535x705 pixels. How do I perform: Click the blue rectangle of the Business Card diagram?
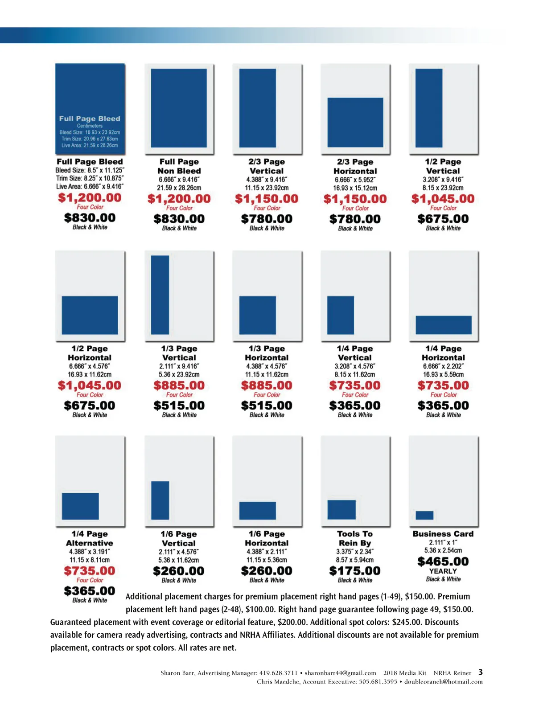tap(424, 515)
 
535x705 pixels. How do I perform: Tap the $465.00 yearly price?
tap(443, 562)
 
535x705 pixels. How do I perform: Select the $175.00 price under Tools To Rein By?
tap(355, 571)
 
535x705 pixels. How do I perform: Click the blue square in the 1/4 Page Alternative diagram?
tap(80, 506)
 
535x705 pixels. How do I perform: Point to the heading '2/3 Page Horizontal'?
tap(355, 166)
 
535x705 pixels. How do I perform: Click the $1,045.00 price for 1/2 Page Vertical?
tap(443, 199)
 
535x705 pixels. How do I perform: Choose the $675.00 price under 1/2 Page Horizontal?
tap(90, 406)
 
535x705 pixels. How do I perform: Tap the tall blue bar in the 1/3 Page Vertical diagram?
tap(160, 295)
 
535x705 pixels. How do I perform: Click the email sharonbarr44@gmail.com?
tap(340, 673)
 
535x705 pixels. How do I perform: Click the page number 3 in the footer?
tap(481, 672)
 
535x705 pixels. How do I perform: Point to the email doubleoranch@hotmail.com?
tap(443, 681)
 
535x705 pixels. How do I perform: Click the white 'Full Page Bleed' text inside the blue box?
tap(90, 119)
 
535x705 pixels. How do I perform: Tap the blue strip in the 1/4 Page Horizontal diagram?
tap(443, 325)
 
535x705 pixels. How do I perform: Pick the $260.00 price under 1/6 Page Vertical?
tap(178, 571)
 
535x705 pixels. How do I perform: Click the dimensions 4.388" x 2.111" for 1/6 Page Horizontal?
tap(267, 552)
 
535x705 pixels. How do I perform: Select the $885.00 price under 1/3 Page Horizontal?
tap(267, 385)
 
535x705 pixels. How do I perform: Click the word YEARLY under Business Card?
tap(443, 571)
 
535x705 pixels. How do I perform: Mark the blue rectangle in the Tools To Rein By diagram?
tap(342, 509)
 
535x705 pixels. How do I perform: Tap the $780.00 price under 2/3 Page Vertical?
tap(267, 219)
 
